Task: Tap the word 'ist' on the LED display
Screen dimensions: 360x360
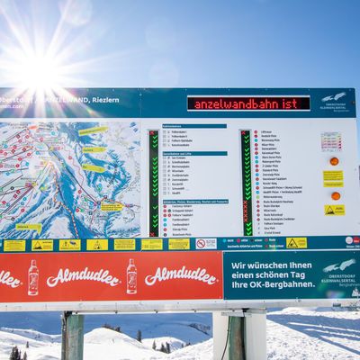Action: pyautogui.click(x=296, y=103)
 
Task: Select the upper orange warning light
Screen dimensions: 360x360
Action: pyautogui.click(x=334, y=161)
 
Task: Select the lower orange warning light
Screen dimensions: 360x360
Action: pyautogui.click(x=335, y=195)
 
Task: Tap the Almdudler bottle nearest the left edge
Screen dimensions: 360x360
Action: pyautogui.click(x=33, y=277)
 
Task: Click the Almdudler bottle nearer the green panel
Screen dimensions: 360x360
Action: pyautogui.click(x=131, y=276)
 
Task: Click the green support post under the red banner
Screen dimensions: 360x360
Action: pyautogui.click(x=73, y=336)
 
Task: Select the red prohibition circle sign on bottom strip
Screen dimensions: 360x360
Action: pyautogui.click(x=199, y=243)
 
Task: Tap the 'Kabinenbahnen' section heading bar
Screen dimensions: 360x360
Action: pyautogui.click(x=182, y=126)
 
